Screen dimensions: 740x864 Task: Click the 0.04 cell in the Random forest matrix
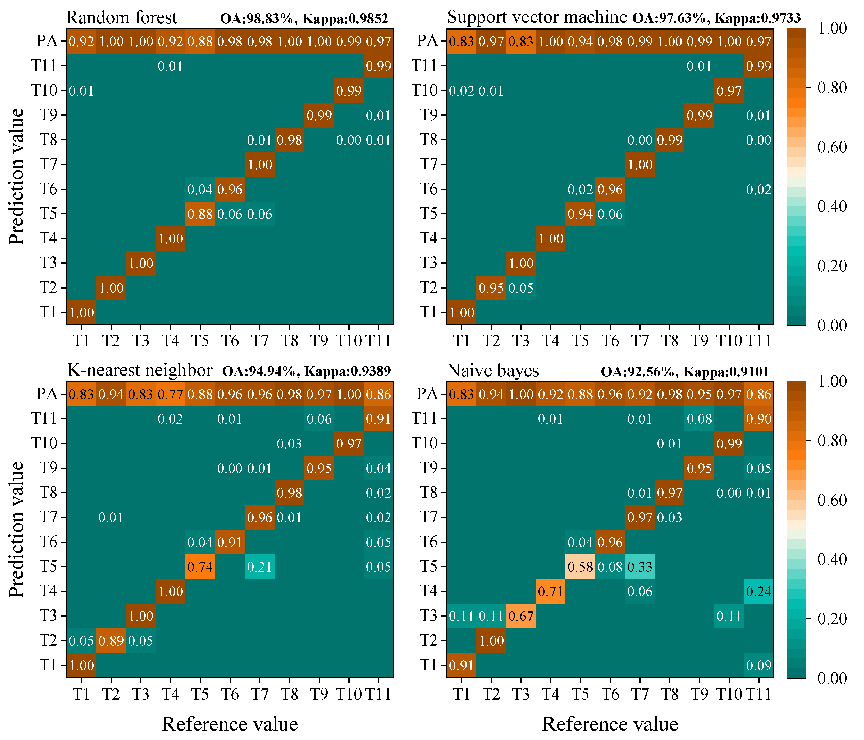tap(200, 189)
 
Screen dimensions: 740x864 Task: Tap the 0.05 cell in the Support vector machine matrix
tap(521, 288)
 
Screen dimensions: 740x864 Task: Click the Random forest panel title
tap(121, 17)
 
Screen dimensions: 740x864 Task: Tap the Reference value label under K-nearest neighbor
tap(230, 724)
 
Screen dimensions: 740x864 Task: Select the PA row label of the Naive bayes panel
tap(427, 394)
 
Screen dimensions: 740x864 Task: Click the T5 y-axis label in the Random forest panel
tap(48, 214)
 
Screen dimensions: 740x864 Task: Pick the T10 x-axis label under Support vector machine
tap(729, 341)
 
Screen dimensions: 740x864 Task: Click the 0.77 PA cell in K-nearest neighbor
tap(170, 394)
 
